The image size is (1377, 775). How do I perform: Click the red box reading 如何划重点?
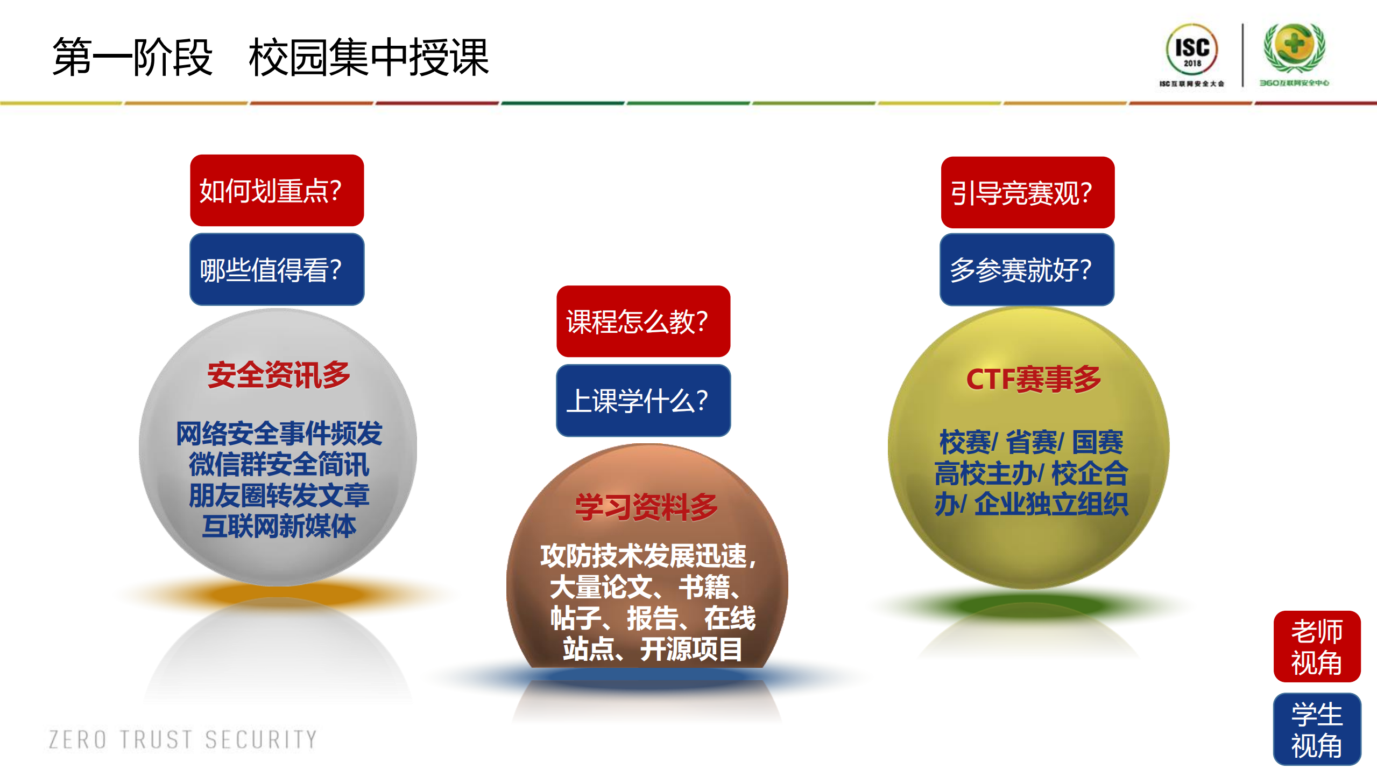point(277,191)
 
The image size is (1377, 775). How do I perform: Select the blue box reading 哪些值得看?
point(277,269)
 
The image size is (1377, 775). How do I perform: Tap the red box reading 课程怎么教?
point(643,322)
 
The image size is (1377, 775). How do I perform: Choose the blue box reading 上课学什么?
point(643,400)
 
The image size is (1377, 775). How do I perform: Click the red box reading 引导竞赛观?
point(1027,193)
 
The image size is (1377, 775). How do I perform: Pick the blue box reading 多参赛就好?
point(1027,269)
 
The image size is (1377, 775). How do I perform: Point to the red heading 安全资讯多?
point(279,375)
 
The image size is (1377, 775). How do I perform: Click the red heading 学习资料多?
point(646,507)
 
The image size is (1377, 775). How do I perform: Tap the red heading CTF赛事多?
point(1033,379)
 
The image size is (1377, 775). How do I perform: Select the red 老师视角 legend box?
point(1317,646)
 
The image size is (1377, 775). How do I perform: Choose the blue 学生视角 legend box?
point(1317,729)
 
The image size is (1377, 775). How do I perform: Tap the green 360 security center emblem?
point(1294,47)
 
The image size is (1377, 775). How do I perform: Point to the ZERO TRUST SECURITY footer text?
point(183,739)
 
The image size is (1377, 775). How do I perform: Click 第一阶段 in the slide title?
point(132,57)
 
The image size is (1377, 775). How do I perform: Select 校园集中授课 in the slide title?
point(369,57)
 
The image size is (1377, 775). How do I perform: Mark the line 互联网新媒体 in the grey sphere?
point(279,526)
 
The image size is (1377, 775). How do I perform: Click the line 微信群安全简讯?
point(279,464)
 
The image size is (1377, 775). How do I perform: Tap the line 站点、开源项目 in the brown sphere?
point(652,649)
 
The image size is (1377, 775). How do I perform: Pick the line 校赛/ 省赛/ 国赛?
point(1031,443)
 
